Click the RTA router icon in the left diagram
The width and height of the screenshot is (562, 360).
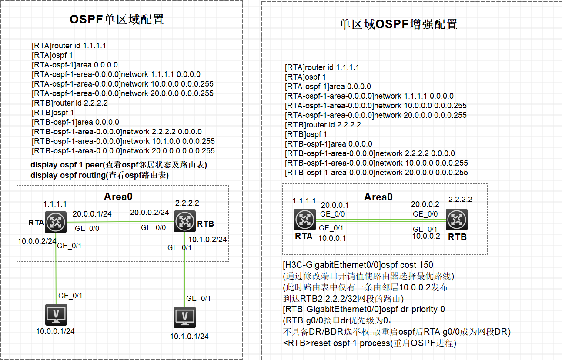click(x=55, y=222)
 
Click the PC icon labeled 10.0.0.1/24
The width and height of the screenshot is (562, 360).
click(x=56, y=316)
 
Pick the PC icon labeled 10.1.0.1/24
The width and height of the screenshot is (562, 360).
click(x=185, y=318)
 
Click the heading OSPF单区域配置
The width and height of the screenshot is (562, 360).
click(x=117, y=20)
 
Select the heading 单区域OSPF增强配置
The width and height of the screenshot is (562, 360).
click(x=398, y=24)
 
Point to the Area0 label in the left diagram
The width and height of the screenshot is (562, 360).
click(x=118, y=197)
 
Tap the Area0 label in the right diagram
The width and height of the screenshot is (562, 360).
click(x=378, y=197)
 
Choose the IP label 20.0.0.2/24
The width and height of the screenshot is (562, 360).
click(x=149, y=212)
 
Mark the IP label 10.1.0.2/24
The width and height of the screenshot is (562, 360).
click(x=207, y=239)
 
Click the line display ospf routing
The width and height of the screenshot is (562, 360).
click(x=100, y=175)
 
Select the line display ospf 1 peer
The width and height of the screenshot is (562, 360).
click(x=119, y=165)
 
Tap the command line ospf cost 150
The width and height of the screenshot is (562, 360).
click(x=358, y=265)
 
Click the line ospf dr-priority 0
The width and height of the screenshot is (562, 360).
click(x=364, y=309)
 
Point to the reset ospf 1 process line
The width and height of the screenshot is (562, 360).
click(x=369, y=343)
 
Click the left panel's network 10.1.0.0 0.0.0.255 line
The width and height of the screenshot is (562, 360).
click(x=123, y=141)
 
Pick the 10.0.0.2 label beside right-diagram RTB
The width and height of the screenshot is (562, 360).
click(x=426, y=237)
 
